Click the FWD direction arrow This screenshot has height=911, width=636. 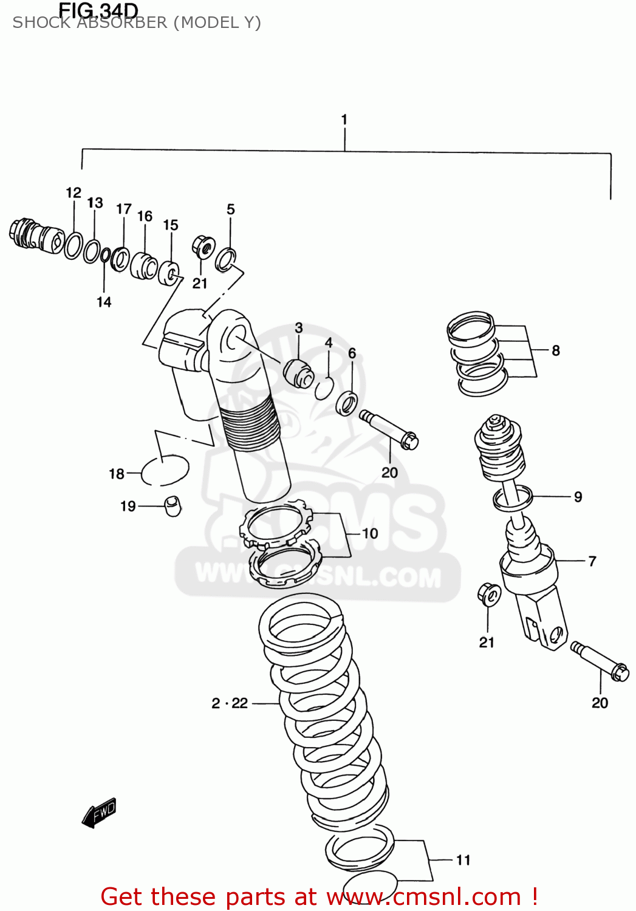click(100, 813)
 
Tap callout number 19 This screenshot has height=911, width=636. click(128, 507)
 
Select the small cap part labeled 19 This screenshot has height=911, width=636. click(173, 506)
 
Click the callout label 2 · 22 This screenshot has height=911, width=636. click(230, 703)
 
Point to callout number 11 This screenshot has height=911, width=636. click(463, 860)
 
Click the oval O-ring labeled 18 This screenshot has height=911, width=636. click(165, 470)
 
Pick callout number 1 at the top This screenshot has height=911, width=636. click(344, 120)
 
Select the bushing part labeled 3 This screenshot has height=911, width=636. click(298, 373)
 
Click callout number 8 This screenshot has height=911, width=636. click(556, 350)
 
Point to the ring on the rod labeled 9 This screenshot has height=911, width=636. click(513, 498)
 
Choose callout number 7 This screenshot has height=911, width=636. click(592, 561)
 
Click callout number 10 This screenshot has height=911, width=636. click(370, 533)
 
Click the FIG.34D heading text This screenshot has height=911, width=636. click(98, 10)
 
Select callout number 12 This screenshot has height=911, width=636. click(74, 193)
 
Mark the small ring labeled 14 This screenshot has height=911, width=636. click(105, 256)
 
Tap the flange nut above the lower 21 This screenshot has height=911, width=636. click(489, 595)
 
